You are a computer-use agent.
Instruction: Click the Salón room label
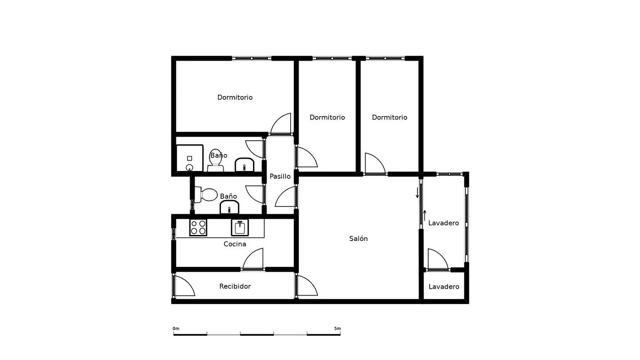[x=358, y=238]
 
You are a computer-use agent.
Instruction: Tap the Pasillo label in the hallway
[x=280, y=176]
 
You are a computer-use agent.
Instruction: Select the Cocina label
[x=235, y=244]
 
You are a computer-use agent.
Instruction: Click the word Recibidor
[x=235, y=286]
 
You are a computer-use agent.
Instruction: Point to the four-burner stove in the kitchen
[x=198, y=228]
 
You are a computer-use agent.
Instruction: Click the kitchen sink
[x=240, y=228]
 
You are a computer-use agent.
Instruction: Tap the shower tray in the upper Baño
[x=190, y=158]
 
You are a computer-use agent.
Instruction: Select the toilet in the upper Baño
[x=215, y=160]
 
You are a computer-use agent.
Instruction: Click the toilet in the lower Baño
[x=206, y=195]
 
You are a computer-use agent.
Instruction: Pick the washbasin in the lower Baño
[x=229, y=207]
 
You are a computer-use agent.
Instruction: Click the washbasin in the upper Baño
[x=244, y=165]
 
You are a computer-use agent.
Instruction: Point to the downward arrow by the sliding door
[x=417, y=192]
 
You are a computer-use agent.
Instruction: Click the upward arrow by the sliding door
[x=425, y=216]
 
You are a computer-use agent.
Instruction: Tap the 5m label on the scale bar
[x=337, y=328]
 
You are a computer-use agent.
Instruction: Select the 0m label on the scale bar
[x=176, y=328]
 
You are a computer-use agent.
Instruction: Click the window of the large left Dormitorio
[x=251, y=58]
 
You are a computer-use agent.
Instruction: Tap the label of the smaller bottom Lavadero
[x=444, y=287]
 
